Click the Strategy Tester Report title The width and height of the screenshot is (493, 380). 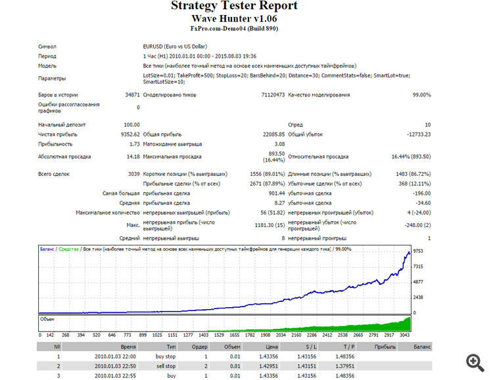(234, 6)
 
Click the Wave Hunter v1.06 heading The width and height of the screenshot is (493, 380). (234, 18)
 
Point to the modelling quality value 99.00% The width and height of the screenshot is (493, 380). (421, 95)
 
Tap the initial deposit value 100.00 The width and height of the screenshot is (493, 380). (131, 125)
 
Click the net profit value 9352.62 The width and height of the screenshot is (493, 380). (129, 135)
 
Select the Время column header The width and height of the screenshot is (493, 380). (128, 346)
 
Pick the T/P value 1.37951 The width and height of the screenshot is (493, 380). (344, 366)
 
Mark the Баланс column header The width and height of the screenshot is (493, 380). (423, 346)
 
